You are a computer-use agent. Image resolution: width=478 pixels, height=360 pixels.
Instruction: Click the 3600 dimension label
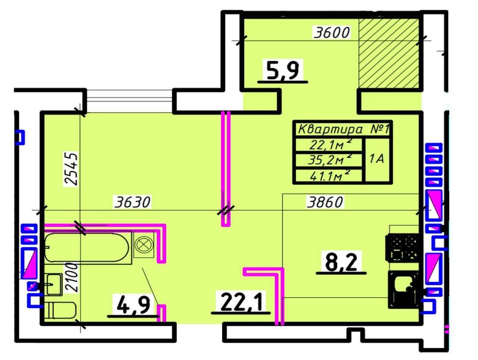[x=332, y=32]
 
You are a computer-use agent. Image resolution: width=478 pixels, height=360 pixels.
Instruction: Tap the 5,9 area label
[x=283, y=70]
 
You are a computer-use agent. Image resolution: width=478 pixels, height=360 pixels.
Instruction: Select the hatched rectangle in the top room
[x=389, y=53]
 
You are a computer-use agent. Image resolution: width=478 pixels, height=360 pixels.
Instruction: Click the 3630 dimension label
[x=133, y=202]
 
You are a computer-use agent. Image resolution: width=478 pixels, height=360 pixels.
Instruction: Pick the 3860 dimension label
[x=325, y=202]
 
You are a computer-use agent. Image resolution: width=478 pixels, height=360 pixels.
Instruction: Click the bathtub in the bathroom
[x=87, y=247]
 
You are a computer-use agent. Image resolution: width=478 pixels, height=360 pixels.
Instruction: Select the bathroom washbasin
[x=54, y=284]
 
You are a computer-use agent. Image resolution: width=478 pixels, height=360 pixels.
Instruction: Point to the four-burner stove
[x=403, y=248]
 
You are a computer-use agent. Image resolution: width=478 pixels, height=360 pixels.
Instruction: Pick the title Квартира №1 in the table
[x=343, y=130]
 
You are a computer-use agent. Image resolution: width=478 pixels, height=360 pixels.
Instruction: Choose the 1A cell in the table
[x=377, y=159]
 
